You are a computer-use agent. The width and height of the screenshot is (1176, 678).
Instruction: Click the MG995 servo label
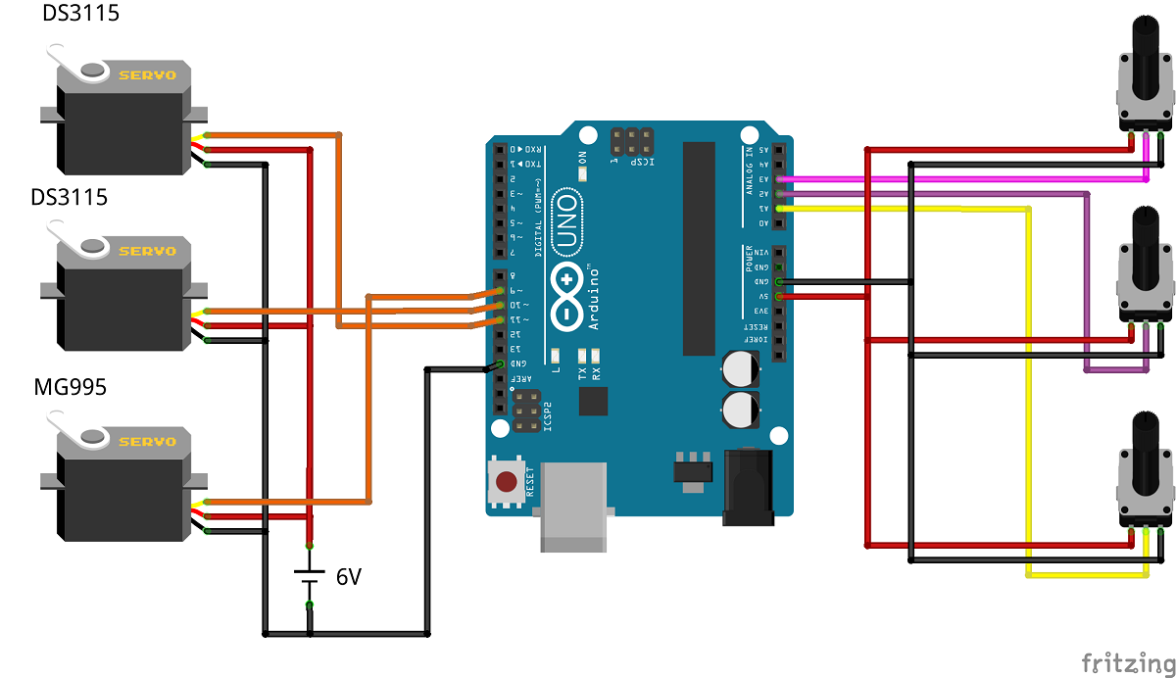pyautogui.click(x=70, y=387)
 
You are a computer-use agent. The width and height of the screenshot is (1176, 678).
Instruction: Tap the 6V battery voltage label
pyautogui.click(x=349, y=577)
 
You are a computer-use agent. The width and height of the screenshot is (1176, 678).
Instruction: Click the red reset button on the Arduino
pyautogui.click(x=507, y=482)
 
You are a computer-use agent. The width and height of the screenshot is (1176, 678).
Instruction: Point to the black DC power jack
pyautogui.click(x=749, y=487)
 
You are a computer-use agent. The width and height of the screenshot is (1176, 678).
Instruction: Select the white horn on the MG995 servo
pyautogui.click(x=79, y=431)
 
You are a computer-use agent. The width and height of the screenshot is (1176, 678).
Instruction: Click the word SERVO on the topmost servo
pyautogui.click(x=147, y=74)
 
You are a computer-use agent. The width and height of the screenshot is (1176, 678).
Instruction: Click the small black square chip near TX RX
pyautogui.click(x=593, y=401)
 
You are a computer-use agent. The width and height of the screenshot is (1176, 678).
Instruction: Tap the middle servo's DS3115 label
pyautogui.click(x=70, y=197)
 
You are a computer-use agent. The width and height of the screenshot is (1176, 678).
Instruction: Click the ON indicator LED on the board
pyautogui.click(x=583, y=173)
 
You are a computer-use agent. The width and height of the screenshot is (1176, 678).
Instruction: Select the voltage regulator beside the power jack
pyautogui.click(x=693, y=467)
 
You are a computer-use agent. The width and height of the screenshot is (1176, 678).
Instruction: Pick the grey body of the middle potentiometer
pyautogui.click(x=1146, y=293)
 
